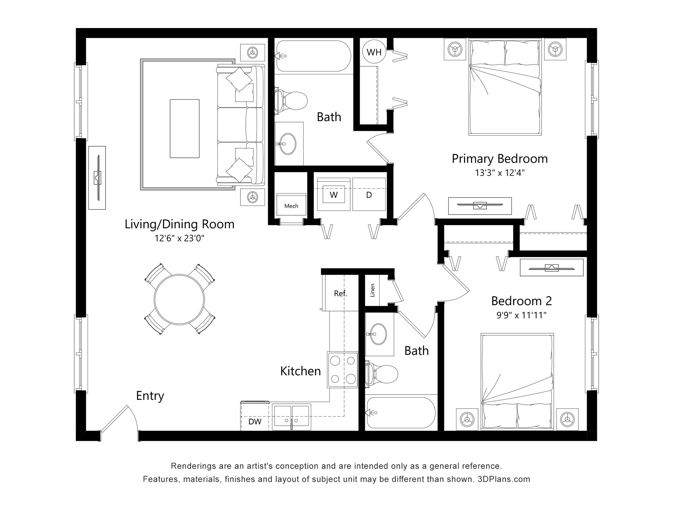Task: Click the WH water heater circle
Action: tap(374, 52)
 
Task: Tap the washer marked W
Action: tap(334, 194)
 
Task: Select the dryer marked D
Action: tap(369, 194)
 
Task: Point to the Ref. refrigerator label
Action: tap(340, 294)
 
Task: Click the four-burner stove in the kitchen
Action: tap(342, 370)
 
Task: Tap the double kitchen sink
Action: tap(291, 417)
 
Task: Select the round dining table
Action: tap(179, 299)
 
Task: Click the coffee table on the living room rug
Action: tap(185, 129)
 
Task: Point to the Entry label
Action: tap(150, 396)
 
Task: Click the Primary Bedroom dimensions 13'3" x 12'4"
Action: tap(499, 173)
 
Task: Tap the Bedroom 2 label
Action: tap(522, 301)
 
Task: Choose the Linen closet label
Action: tap(373, 290)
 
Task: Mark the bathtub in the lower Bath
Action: tap(401, 413)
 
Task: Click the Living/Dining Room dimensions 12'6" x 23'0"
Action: tap(179, 238)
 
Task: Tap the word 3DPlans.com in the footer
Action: tap(504, 479)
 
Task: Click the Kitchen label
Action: tap(300, 371)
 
